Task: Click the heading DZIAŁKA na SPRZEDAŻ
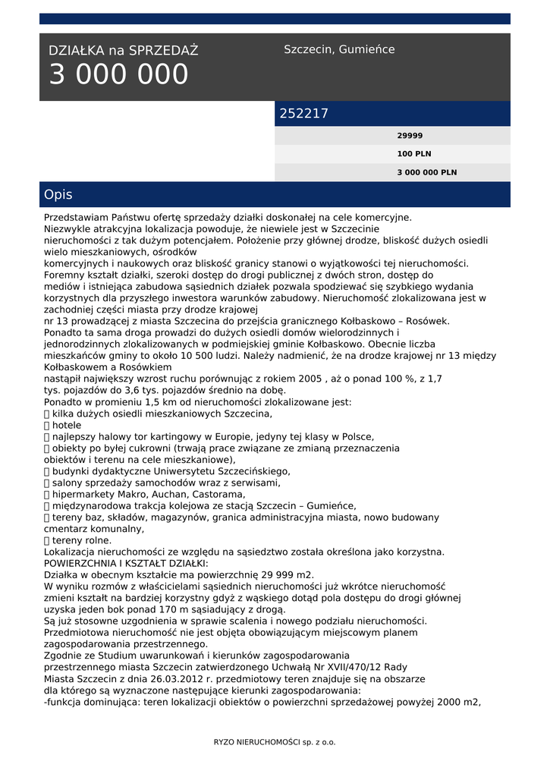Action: [123, 51]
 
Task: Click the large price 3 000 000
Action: [119, 75]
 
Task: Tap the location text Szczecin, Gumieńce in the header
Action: [339, 49]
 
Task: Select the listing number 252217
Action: [304, 114]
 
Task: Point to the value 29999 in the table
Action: [410, 136]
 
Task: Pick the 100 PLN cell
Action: [413, 154]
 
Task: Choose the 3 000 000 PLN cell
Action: [427, 172]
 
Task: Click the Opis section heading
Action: [58, 195]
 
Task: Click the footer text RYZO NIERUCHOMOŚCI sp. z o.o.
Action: [275, 742]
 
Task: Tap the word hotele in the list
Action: [67, 426]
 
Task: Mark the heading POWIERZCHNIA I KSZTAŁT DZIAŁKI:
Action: [125, 563]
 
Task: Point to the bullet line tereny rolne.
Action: [81, 540]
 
